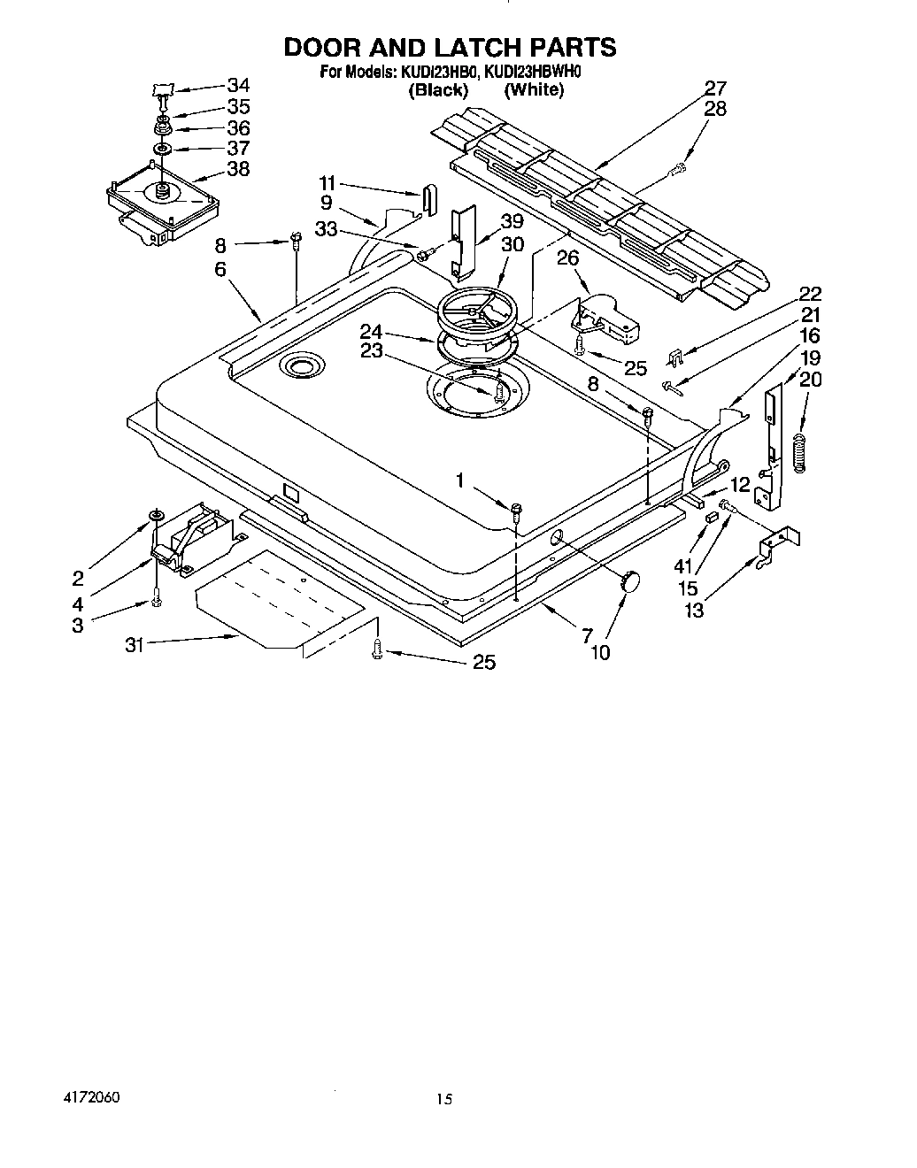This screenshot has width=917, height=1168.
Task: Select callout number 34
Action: tap(238, 86)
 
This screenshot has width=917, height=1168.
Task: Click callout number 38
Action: tap(238, 168)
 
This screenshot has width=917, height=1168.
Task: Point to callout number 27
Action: tap(715, 88)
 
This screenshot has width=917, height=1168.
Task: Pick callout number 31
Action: tap(134, 646)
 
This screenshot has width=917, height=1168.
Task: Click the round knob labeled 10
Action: tap(630, 581)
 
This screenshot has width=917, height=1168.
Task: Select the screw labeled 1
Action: tap(517, 508)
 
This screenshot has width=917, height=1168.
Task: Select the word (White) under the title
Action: tap(533, 89)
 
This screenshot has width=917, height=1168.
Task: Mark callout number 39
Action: tap(512, 222)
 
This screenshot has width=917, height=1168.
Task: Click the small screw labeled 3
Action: tap(157, 602)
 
